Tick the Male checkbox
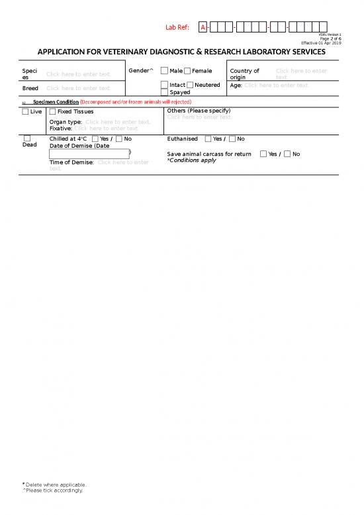point(164,71)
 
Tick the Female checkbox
point(187,71)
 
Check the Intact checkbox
point(164,85)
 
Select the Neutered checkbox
point(190,85)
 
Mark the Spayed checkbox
point(164,92)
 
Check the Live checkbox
point(25,111)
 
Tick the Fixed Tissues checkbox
point(53,111)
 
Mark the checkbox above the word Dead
point(26,138)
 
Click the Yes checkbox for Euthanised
point(208,139)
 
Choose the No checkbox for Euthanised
point(232,139)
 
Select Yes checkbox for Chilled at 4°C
point(95,139)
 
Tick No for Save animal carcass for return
point(287,154)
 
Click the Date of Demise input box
point(89,154)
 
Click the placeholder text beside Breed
point(78,88)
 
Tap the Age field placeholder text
point(277,85)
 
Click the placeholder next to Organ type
point(118,122)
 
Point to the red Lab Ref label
point(177,27)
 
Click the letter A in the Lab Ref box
point(203,27)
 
